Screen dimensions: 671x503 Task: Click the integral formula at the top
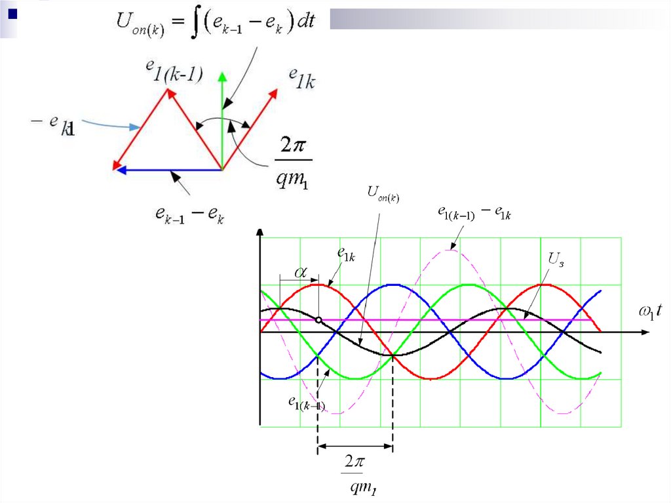pyautogui.click(x=216, y=24)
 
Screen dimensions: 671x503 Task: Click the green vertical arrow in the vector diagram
pyautogui.click(x=223, y=118)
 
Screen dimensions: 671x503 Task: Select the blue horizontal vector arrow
pyautogui.click(x=169, y=170)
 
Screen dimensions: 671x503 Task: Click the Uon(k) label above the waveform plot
pyautogui.click(x=383, y=193)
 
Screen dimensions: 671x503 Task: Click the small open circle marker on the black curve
pyautogui.click(x=318, y=320)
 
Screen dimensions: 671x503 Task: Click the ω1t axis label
pyautogui.click(x=655, y=312)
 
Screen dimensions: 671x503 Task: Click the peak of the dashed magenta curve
pyautogui.click(x=451, y=249)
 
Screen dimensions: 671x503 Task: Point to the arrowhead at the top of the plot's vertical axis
pyautogui.click(x=261, y=233)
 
